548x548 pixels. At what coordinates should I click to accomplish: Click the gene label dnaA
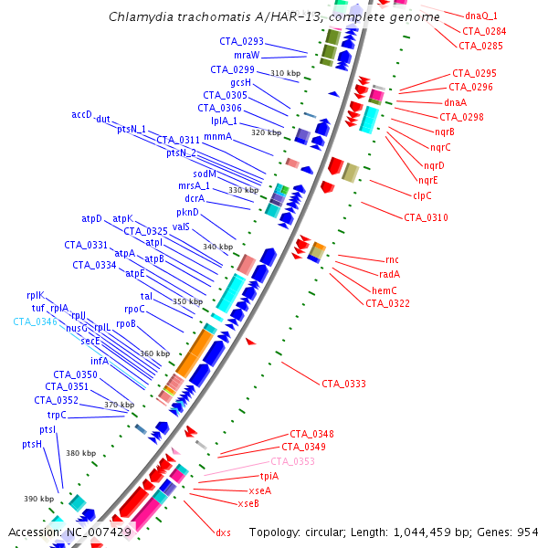pos(455,102)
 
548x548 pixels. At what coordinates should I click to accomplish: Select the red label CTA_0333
pos(343,384)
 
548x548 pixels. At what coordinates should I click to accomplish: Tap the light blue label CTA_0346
pos(35,321)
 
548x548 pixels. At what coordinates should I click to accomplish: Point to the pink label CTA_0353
pos(292,461)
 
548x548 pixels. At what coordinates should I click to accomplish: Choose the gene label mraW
pos(247,55)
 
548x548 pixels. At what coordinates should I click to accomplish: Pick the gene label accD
pos(82,114)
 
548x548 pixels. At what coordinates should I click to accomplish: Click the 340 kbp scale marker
pos(217,247)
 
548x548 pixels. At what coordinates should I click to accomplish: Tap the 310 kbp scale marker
pos(285,73)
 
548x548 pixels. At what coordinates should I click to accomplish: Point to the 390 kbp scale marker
pos(38,498)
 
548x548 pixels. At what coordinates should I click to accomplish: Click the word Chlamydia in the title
pos(136,17)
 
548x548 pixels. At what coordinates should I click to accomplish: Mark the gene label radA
pos(390,274)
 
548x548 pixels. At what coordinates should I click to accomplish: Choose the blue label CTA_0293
pos(241,41)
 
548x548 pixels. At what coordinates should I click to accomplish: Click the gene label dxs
pos(223,532)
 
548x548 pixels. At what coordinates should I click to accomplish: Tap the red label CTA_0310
pos(426,217)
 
